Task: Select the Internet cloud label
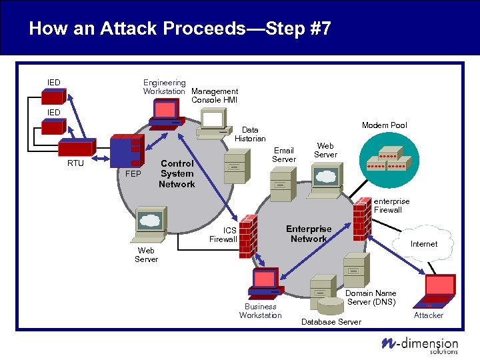point(423,244)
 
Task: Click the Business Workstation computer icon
point(263,283)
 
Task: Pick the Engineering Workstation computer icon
point(166,113)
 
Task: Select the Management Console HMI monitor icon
point(213,120)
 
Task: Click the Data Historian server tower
point(235,167)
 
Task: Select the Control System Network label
point(177,173)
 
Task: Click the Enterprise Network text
point(309,233)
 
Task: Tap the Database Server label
point(331,322)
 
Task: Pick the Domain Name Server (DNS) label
point(371,297)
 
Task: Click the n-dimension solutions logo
point(420,344)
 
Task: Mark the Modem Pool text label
point(384,125)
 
